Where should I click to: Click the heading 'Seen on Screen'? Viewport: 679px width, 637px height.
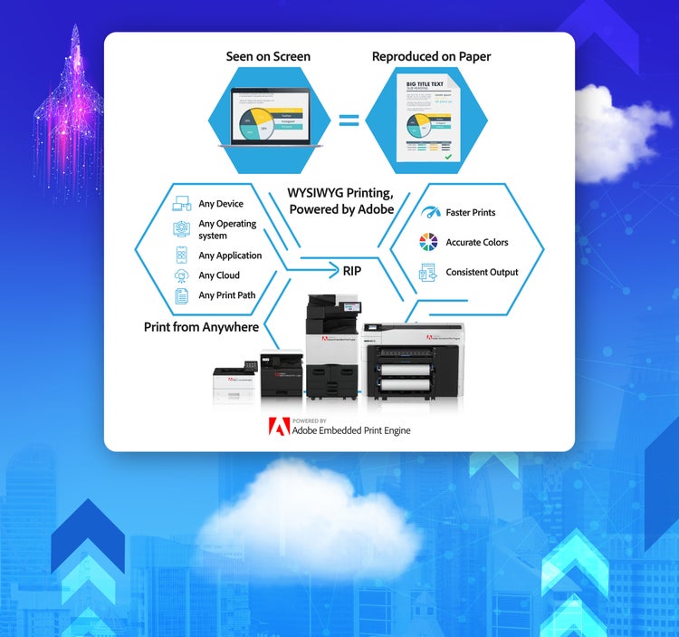point(268,56)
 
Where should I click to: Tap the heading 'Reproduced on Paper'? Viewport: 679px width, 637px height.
point(431,56)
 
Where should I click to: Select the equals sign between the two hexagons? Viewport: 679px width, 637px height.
point(349,120)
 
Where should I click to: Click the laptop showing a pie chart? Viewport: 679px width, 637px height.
point(268,118)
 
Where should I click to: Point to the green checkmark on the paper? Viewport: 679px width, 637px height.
point(447,157)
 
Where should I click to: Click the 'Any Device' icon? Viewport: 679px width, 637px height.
point(181,205)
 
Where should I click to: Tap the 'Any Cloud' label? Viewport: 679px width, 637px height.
point(219,275)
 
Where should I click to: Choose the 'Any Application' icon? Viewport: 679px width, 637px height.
point(181,256)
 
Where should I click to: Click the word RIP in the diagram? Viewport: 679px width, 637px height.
point(352,270)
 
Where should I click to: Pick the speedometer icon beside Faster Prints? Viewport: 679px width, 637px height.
point(429,212)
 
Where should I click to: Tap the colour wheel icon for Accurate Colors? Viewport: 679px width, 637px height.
point(428,242)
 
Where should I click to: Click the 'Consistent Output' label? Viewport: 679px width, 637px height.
point(482,272)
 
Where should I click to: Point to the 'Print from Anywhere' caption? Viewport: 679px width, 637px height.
point(201,327)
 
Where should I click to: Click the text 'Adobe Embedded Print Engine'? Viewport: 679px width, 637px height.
point(350,430)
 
